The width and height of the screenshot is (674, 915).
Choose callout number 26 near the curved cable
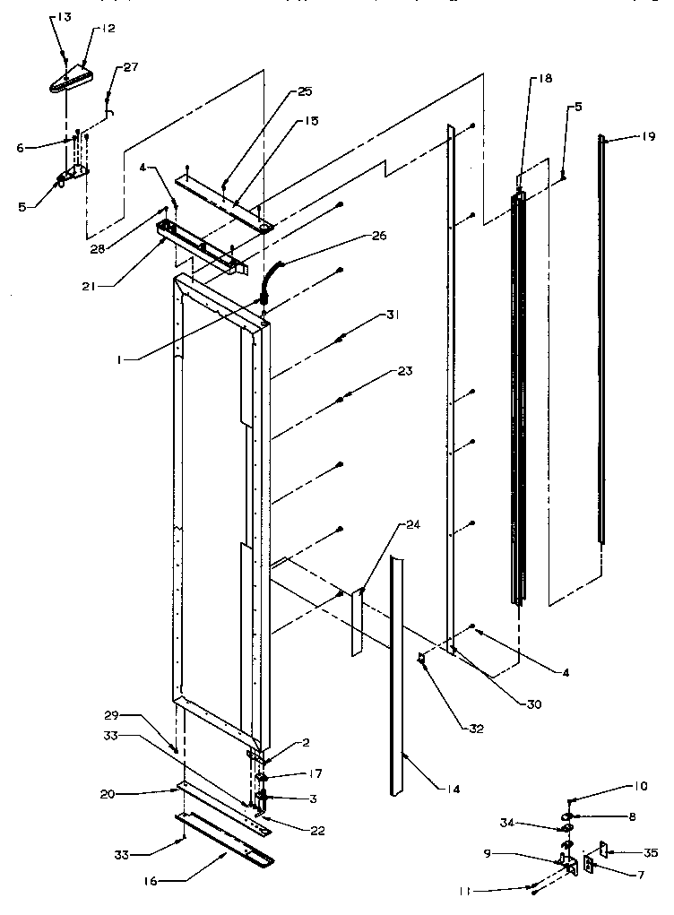378,237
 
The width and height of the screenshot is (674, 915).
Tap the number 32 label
475,728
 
